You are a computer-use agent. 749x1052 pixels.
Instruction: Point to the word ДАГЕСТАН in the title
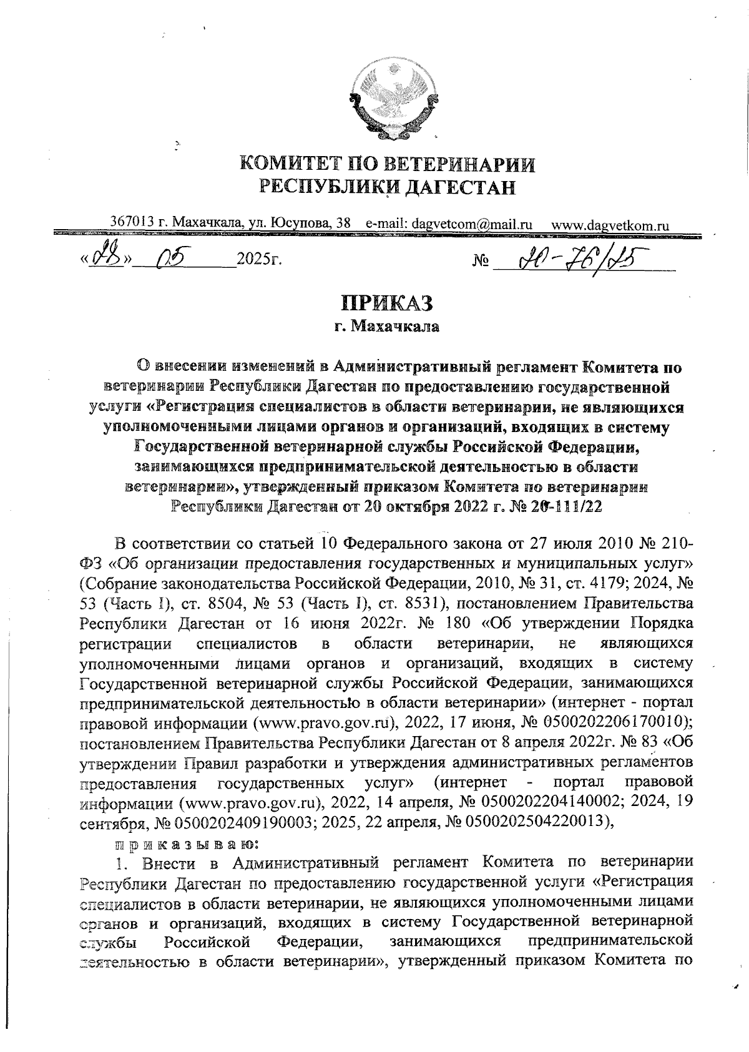pos(461,187)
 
